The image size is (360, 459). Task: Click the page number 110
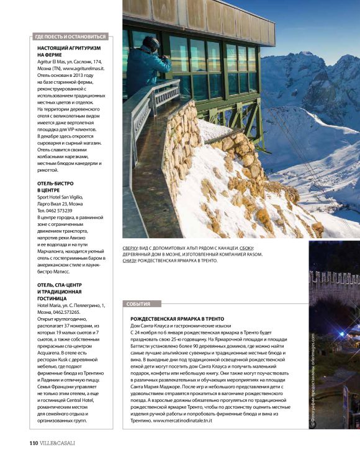point(34,443)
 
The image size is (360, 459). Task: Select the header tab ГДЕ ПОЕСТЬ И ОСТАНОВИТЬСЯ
point(71,37)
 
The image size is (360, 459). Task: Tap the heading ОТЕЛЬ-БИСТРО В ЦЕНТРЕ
point(55,188)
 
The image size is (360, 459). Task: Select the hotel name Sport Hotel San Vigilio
point(65,195)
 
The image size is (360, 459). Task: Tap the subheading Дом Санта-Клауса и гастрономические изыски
point(180,326)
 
